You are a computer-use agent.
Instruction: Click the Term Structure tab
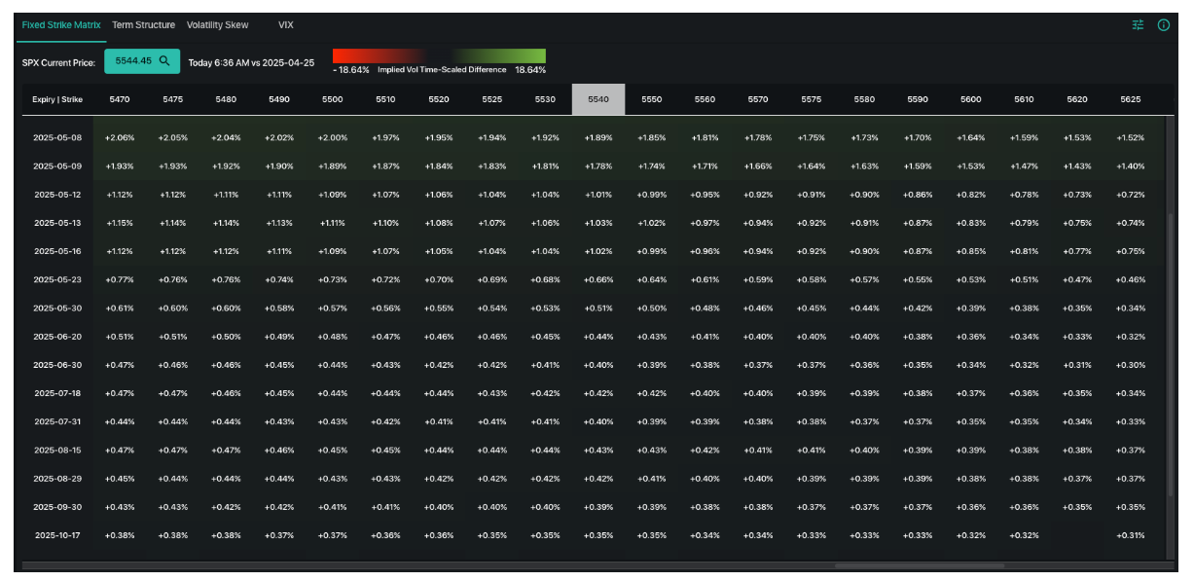click(143, 24)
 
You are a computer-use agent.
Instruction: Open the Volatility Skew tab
click(217, 24)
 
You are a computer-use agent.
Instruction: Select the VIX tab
click(285, 24)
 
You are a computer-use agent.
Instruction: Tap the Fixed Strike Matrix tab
click(61, 24)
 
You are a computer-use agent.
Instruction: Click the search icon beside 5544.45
click(164, 60)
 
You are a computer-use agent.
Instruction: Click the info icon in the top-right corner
click(1163, 25)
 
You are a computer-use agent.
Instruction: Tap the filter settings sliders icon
click(1138, 25)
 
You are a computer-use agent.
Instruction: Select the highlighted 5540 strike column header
click(598, 99)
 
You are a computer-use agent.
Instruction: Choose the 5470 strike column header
click(120, 99)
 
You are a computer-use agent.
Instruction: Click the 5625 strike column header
click(1130, 99)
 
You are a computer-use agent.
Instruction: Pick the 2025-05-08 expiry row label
click(57, 137)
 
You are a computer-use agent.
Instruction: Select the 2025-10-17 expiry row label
click(57, 534)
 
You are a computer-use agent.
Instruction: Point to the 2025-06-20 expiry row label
click(57, 336)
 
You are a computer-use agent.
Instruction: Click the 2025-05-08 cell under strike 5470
click(120, 137)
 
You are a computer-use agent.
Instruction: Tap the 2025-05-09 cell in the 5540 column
click(598, 165)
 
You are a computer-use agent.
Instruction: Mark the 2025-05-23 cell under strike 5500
click(333, 279)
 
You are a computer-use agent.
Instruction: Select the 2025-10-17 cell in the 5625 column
click(1130, 534)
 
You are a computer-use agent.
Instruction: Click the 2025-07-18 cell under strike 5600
click(970, 393)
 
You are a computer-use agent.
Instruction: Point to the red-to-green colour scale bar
click(439, 55)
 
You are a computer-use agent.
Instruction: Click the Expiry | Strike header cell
click(57, 99)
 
